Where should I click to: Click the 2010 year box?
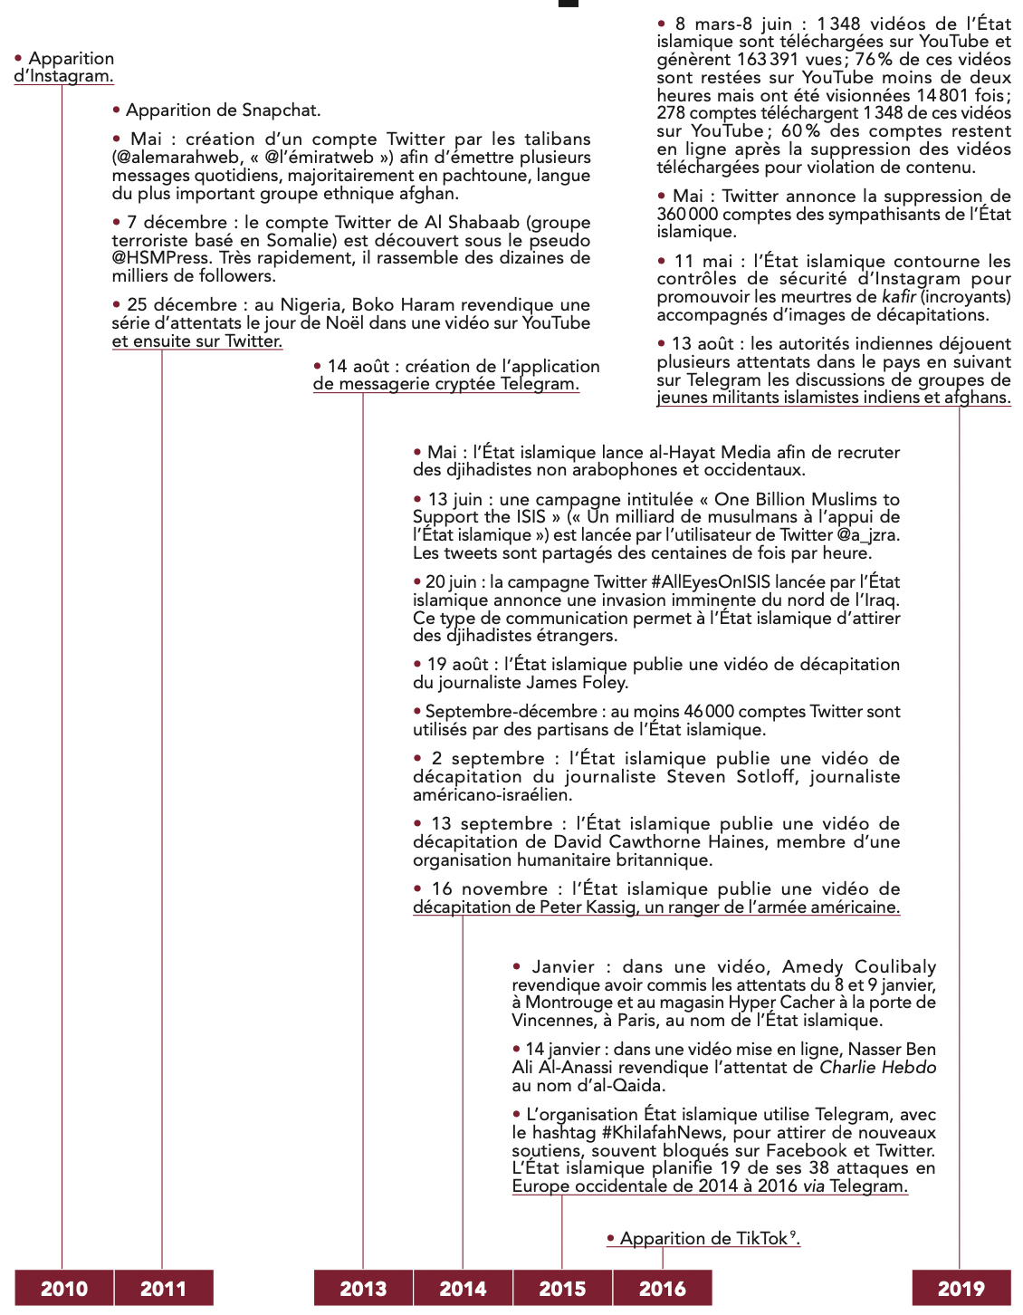(64, 1288)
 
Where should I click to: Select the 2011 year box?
(163, 1288)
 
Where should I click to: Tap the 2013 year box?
(363, 1288)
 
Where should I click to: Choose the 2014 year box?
(463, 1288)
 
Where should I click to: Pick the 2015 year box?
(562, 1288)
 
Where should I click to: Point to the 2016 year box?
(663, 1288)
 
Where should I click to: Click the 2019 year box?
(961, 1288)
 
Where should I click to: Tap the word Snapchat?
(281, 110)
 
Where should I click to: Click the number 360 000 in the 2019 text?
(687, 215)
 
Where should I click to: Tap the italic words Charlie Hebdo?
(877, 1068)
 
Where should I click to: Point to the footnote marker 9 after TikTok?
(793, 1233)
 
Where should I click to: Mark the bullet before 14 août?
(318, 366)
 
